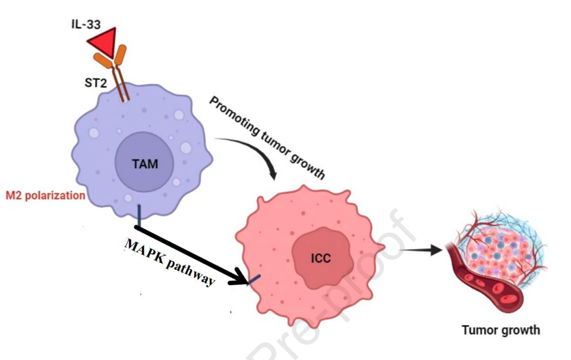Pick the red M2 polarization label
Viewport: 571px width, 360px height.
coord(45,196)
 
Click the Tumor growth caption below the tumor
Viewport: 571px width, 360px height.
coord(501,331)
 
